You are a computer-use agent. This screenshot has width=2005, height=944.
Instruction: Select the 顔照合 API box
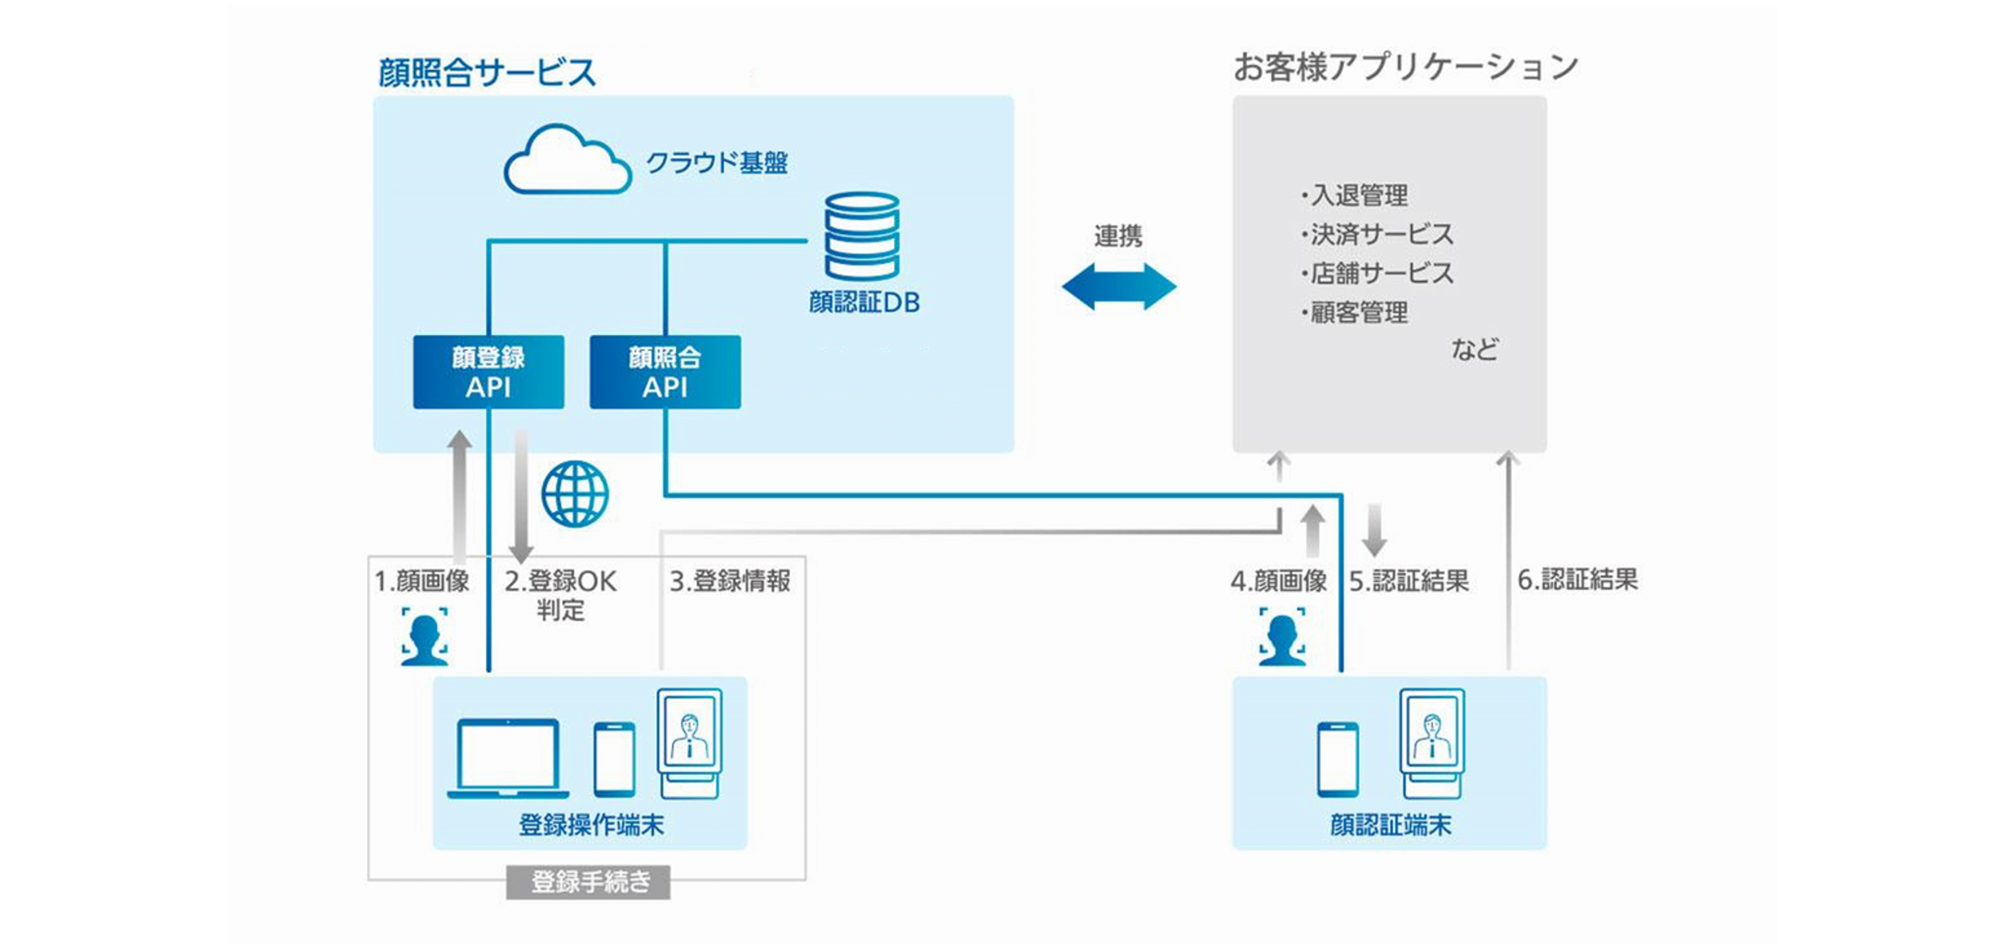[x=665, y=372]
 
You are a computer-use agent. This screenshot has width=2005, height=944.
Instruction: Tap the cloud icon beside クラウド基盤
[x=567, y=161]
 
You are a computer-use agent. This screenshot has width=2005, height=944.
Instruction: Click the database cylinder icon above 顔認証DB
[x=862, y=236]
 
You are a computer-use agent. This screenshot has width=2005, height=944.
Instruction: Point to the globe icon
[x=575, y=494]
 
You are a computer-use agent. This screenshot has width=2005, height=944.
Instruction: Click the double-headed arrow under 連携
[x=1119, y=286]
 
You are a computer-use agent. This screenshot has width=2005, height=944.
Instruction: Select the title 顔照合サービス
[x=487, y=72]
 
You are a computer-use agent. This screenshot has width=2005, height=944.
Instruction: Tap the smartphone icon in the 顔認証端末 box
[x=1338, y=760]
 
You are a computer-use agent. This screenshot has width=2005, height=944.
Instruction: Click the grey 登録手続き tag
[x=588, y=883]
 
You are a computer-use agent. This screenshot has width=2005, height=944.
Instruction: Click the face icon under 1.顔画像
[x=424, y=637]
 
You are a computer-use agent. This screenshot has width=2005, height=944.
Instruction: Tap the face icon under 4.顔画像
[x=1282, y=637]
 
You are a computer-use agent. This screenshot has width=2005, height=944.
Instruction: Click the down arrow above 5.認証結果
[x=1374, y=530]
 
